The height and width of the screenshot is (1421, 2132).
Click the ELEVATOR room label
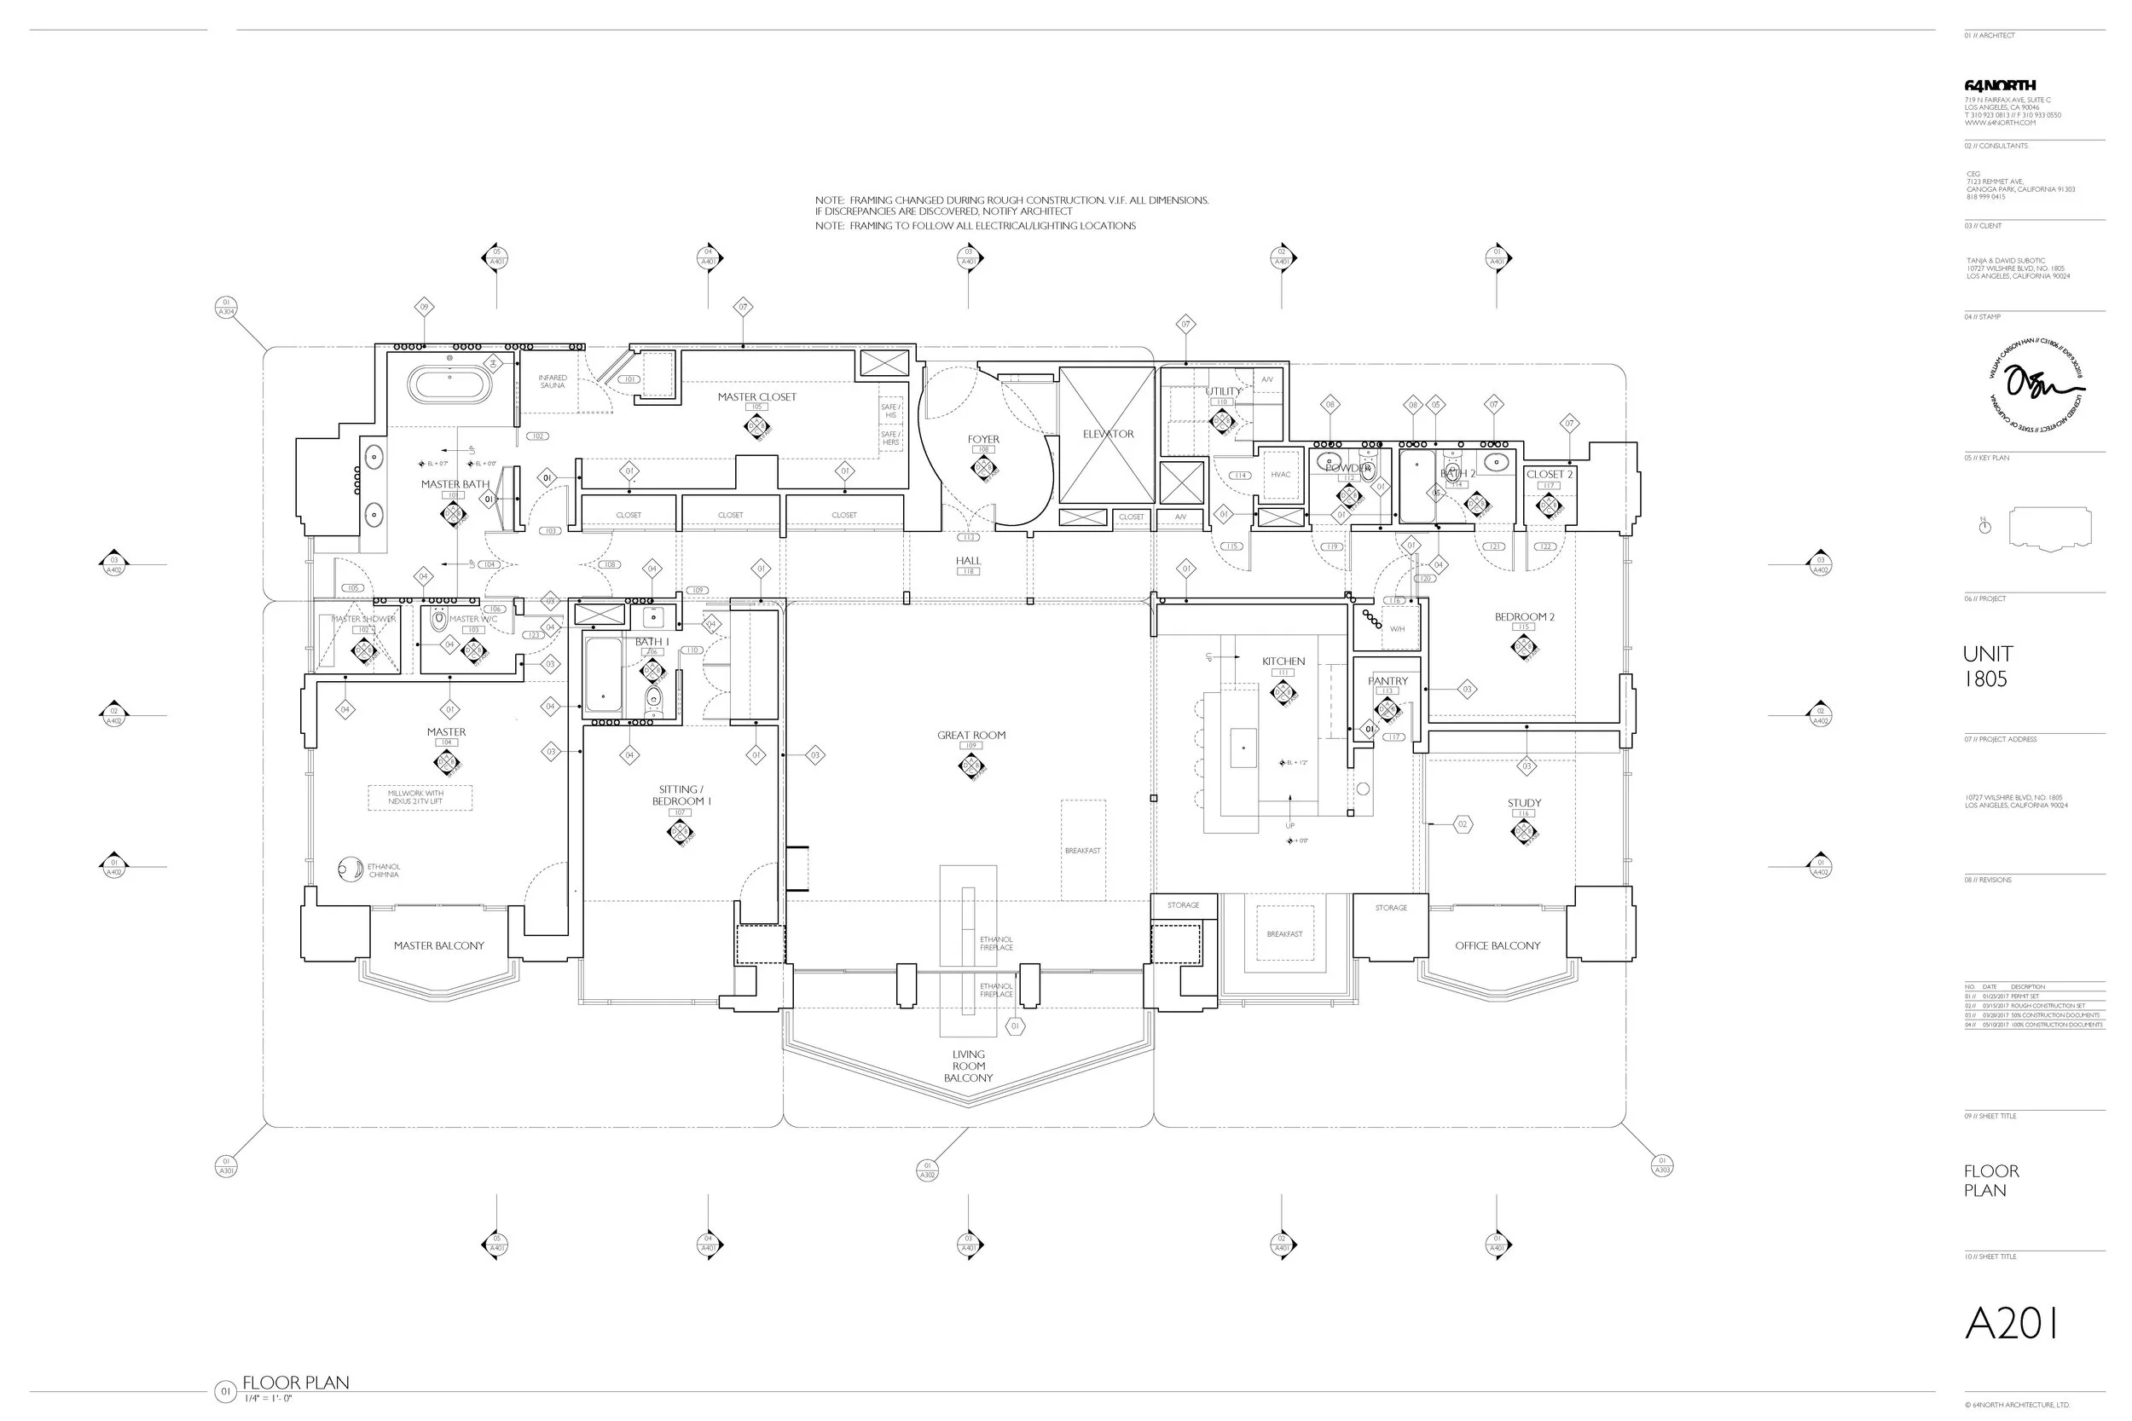click(1108, 434)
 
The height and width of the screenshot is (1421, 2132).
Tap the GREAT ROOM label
click(970, 735)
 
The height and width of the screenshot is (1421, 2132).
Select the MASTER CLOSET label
click(757, 397)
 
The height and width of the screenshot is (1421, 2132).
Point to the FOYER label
click(982, 440)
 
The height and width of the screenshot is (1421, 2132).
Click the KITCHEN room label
click(1283, 661)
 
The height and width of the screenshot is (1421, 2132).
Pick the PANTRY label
click(1387, 680)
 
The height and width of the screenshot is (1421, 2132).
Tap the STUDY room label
click(1524, 803)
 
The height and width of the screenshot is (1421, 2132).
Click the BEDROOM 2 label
click(1524, 617)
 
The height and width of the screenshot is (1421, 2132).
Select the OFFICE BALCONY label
click(1498, 946)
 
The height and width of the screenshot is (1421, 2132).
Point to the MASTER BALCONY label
click(438, 946)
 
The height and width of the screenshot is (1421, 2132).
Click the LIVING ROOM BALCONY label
click(968, 1066)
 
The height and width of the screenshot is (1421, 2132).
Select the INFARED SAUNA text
click(552, 382)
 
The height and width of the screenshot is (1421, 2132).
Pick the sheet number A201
click(2012, 1324)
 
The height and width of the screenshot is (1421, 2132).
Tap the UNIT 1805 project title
click(1987, 666)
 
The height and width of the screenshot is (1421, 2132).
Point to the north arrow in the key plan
click(1984, 527)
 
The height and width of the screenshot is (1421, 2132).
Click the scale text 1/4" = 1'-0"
click(268, 1398)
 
